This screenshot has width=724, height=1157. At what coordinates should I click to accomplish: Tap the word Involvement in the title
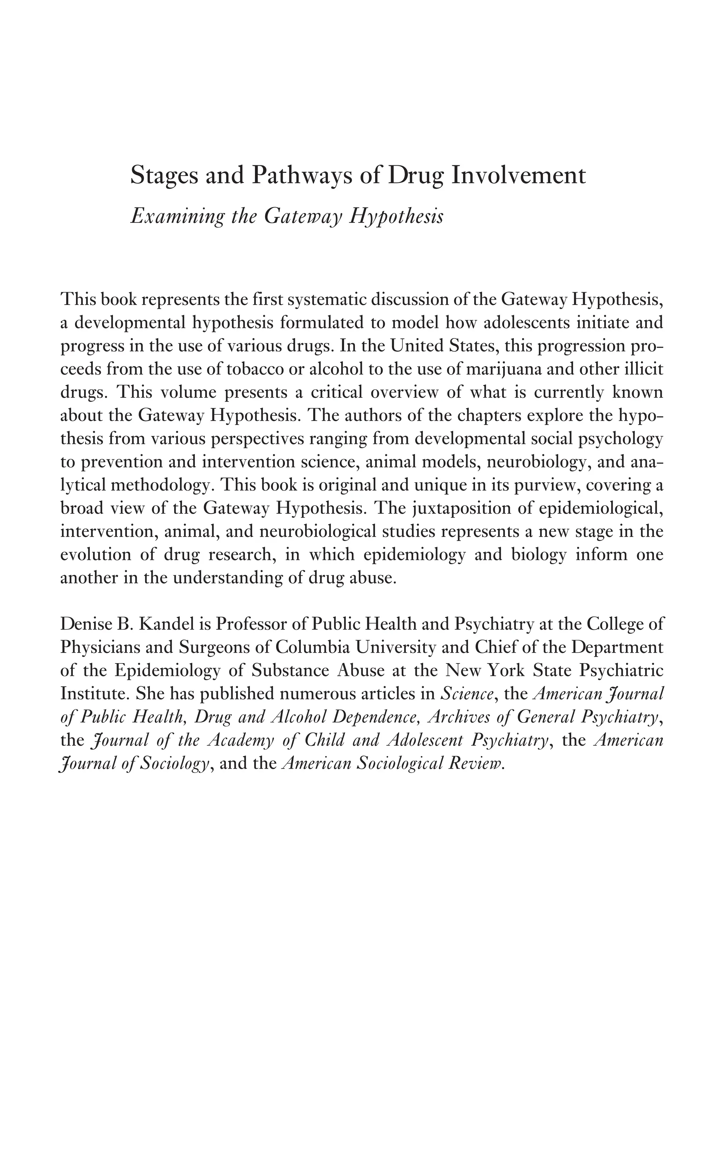pyautogui.click(x=519, y=176)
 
